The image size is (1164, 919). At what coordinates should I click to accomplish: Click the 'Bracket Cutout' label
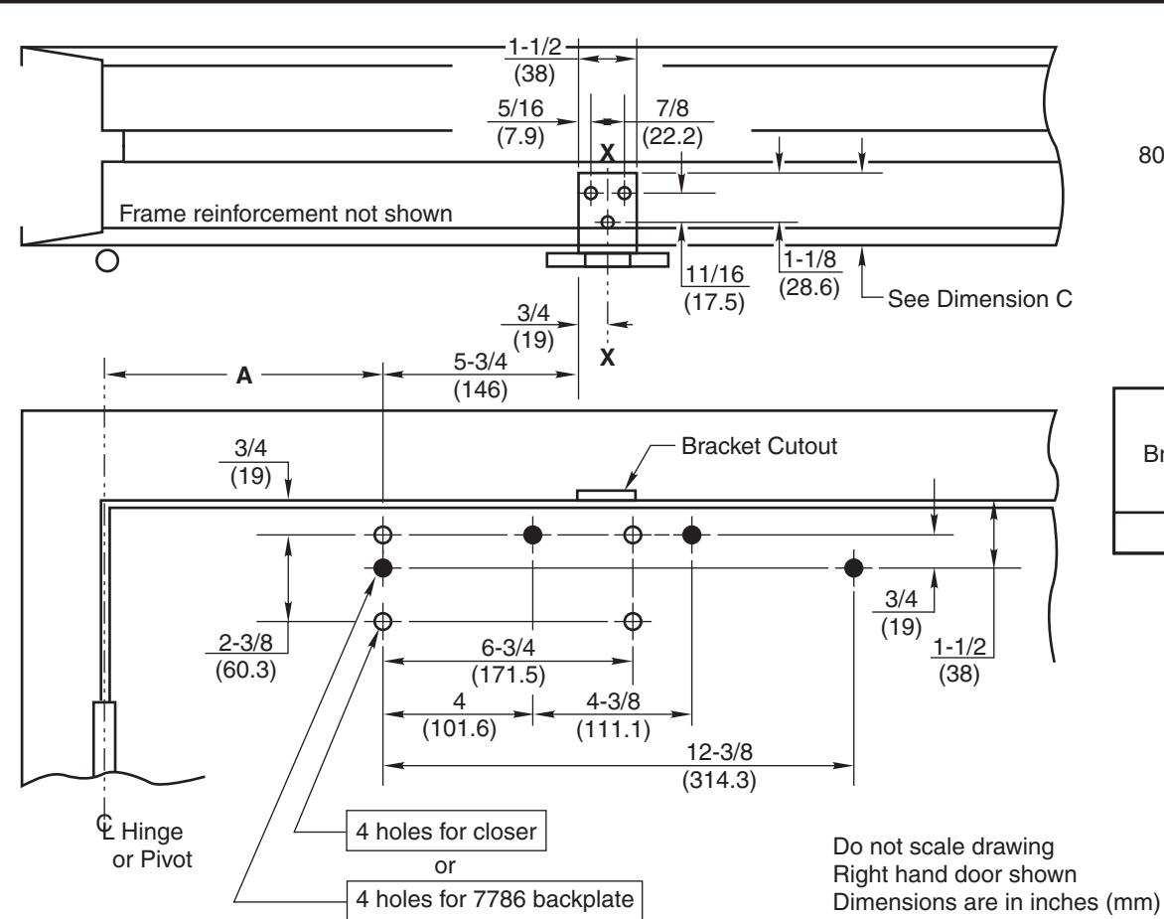click(759, 446)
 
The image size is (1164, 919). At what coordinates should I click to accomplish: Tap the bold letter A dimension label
click(244, 376)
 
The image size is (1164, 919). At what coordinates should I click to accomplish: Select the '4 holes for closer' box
click(446, 831)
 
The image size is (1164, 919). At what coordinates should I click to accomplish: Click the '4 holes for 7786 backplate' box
click(495, 899)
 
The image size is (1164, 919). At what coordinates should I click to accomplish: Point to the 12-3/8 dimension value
click(719, 752)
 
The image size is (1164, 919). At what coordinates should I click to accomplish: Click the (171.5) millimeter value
click(509, 676)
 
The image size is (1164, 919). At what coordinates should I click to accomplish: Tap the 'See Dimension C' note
click(980, 299)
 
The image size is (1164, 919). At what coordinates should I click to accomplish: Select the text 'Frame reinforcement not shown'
click(286, 214)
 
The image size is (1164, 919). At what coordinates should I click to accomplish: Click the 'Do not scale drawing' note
click(944, 847)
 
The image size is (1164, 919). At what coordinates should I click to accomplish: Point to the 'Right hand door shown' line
click(954, 874)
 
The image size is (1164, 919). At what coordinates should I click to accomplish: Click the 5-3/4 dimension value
click(481, 362)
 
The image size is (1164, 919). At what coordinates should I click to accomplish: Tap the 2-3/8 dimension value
click(245, 642)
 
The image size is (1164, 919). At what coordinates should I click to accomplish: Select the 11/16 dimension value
click(714, 274)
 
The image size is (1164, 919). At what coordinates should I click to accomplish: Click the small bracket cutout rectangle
click(607, 495)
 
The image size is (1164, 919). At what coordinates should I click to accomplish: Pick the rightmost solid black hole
click(854, 568)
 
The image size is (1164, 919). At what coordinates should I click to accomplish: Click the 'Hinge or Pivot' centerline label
click(145, 844)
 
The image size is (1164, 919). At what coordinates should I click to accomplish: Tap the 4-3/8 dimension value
click(613, 701)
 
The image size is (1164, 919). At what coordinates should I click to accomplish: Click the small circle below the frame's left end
click(107, 260)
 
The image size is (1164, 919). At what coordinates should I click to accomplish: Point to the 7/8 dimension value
click(671, 108)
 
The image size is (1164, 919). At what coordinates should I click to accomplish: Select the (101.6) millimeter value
click(460, 729)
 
